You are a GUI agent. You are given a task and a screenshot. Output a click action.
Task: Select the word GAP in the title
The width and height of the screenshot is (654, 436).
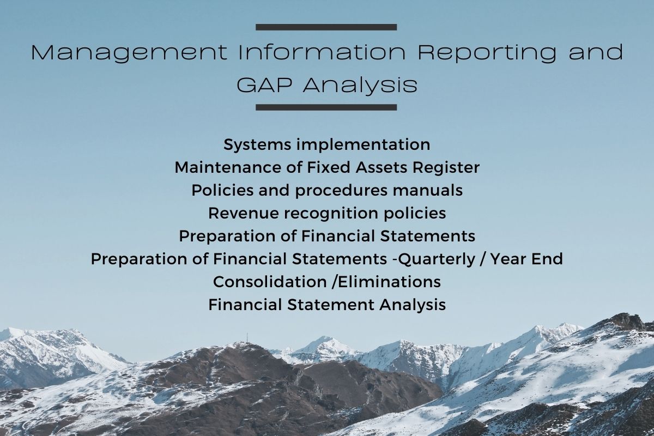click(264, 85)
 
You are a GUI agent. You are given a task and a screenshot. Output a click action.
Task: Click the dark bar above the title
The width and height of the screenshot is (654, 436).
click(326, 27)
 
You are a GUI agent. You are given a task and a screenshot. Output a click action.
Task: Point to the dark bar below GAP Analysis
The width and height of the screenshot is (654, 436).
click(326, 107)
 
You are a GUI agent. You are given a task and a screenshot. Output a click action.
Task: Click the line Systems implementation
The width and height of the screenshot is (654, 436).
click(326, 145)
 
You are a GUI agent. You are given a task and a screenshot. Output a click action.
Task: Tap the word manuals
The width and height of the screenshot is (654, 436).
click(427, 190)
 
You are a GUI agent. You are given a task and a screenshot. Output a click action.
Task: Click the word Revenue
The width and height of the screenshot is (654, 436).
click(244, 213)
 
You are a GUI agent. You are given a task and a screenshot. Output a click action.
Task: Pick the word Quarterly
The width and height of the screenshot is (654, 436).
click(437, 259)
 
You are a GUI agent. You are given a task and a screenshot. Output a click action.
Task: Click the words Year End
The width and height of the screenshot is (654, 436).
click(526, 259)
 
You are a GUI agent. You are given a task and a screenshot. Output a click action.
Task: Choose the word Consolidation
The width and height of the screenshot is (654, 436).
click(270, 282)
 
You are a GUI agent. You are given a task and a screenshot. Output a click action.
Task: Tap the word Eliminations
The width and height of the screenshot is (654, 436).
click(389, 282)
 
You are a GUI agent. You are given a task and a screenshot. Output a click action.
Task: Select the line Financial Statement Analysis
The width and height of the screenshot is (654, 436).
click(327, 305)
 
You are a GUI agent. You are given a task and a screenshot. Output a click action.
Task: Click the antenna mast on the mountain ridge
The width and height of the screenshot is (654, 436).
click(247, 337)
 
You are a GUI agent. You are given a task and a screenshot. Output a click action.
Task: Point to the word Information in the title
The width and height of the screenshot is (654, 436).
click(322, 52)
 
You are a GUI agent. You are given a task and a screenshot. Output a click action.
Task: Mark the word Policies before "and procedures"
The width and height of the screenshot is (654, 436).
click(222, 190)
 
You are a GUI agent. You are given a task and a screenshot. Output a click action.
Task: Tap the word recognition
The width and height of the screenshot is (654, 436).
click(331, 214)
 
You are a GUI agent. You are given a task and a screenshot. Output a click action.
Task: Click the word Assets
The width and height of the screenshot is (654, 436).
click(381, 167)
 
